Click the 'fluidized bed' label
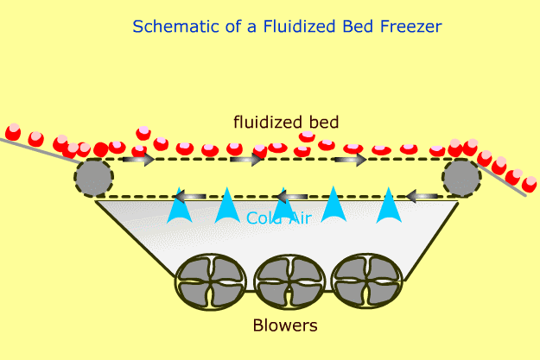point(286,122)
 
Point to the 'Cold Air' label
point(278,218)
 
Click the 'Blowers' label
point(285,326)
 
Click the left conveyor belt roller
point(93,177)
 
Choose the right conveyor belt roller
point(461,177)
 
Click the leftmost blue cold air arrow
point(180,206)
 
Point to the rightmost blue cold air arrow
point(390,206)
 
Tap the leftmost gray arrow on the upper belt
point(138,160)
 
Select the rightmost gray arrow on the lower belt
point(422,197)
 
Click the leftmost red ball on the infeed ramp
point(12,132)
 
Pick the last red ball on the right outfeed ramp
point(528,185)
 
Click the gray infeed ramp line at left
point(35,149)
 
